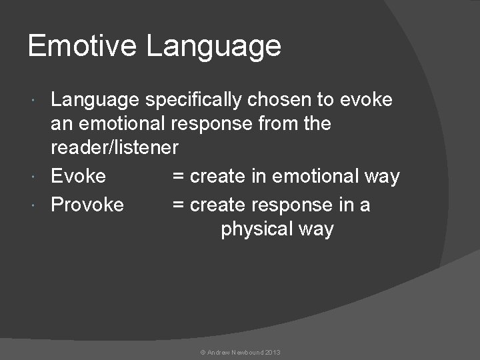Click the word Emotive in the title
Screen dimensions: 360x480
[83, 46]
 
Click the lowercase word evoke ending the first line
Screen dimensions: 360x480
[366, 100]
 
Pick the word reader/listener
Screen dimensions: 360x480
[115, 147]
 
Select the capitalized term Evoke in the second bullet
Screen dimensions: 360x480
[78, 176]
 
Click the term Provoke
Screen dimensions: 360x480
[87, 205]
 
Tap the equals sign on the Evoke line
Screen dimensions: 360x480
[178, 177]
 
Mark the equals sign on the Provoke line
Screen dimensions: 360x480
[178, 205]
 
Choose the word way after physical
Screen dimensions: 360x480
[315, 229]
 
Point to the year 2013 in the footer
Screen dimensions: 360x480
[273, 352]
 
